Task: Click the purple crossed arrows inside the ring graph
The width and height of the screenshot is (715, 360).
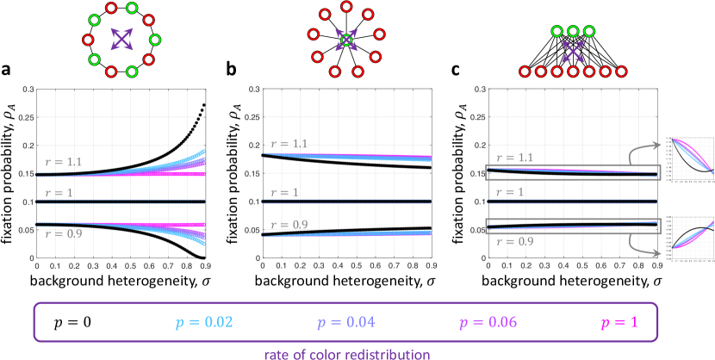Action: pyautogui.click(x=123, y=39)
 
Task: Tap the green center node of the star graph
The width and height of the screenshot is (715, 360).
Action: pyautogui.click(x=345, y=40)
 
